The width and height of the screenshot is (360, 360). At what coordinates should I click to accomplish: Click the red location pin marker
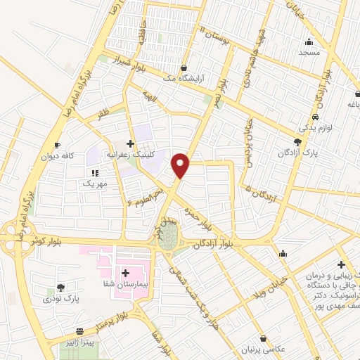[x=181, y=165]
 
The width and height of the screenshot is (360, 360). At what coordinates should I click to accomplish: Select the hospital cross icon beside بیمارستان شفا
[x=126, y=273]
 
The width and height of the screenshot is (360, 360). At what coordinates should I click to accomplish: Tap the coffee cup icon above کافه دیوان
[x=57, y=145]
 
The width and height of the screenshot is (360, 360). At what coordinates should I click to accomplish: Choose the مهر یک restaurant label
[x=96, y=184]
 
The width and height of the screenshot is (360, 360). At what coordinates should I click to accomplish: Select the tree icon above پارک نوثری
[x=60, y=287]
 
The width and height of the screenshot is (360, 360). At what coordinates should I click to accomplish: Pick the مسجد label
[x=309, y=53]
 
